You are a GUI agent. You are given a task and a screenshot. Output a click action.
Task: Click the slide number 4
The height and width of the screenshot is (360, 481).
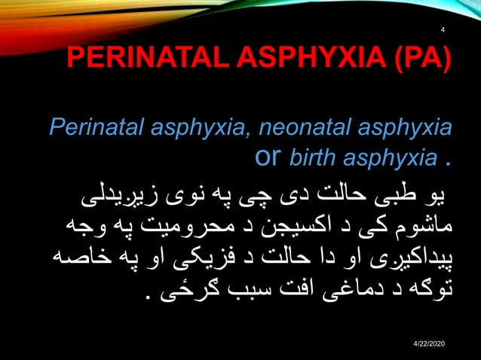443,30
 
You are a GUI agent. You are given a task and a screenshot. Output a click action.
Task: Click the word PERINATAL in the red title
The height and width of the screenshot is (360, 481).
132,59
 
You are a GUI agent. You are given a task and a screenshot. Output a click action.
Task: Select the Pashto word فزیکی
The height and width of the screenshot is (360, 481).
169,256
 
